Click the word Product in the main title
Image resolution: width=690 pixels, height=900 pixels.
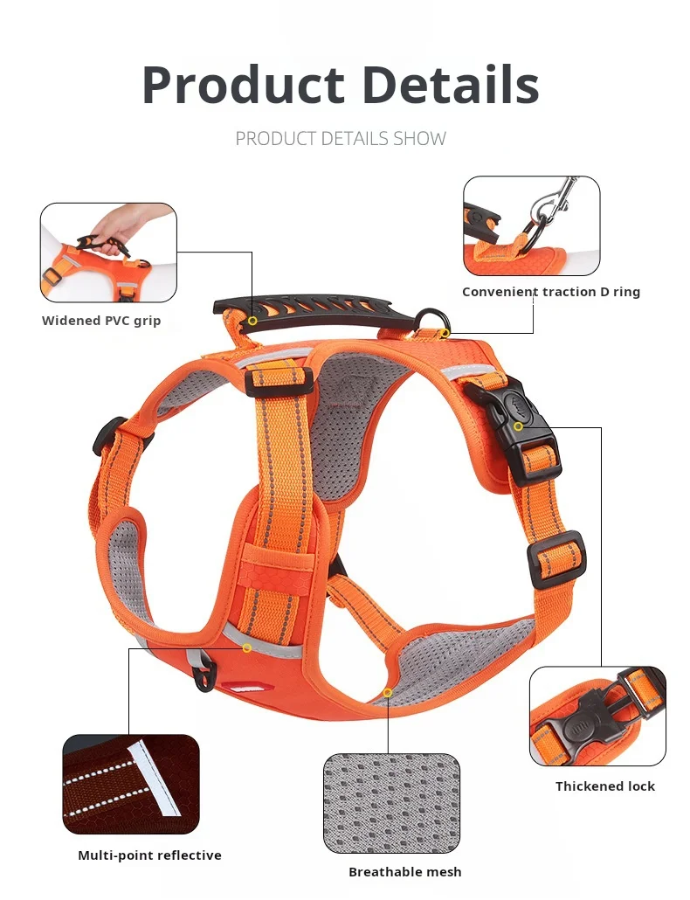point(243,86)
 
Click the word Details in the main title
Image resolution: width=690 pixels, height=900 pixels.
point(450,86)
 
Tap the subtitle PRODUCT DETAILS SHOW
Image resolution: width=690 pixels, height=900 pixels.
point(341,139)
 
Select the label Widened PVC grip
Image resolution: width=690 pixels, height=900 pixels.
point(101,321)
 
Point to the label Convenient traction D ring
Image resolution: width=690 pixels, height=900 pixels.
point(551,292)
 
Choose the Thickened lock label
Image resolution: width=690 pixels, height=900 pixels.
point(605,786)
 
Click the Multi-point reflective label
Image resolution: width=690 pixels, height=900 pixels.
point(150,855)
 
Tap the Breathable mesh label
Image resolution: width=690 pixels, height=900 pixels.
point(405,871)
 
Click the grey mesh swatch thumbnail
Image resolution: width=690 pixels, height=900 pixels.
point(391,803)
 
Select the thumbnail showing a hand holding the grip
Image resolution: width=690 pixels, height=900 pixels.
point(108,253)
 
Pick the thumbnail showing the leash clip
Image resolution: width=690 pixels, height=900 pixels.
point(532,225)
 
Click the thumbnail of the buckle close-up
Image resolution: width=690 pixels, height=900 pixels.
point(597,716)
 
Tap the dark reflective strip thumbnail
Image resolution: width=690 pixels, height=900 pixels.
point(131,784)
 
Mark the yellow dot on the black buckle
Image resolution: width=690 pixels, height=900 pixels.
point(518,426)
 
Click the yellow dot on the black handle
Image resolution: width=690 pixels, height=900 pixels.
point(252,321)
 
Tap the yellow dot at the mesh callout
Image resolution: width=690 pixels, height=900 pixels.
point(388,692)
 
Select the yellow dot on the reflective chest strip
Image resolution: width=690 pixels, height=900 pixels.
point(247,647)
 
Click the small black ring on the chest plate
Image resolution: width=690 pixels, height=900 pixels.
point(206,675)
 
